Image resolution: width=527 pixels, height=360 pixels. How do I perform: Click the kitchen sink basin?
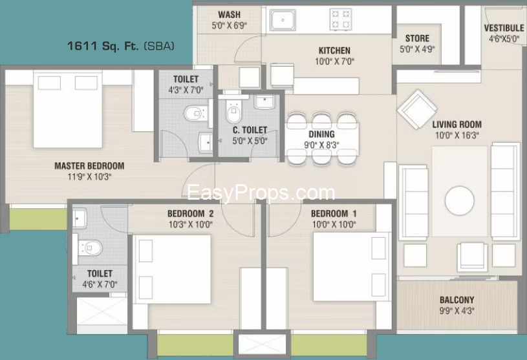pyautogui.click(x=283, y=20)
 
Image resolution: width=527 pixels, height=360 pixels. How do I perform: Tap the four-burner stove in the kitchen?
pyautogui.click(x=341, y=19)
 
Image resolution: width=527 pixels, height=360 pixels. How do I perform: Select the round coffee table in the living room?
pyautogui.click(x=460, y=201)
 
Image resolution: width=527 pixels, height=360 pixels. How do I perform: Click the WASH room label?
pyautogui.click(x=229, y=15)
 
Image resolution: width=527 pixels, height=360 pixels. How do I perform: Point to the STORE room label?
pyautogui.click(x=417, y=38)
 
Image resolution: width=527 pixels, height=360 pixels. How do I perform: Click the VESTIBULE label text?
pyautogui.click(x=504, y=28)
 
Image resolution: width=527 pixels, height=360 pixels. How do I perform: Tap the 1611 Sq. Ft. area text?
pyautogui.click(x=103, y=46)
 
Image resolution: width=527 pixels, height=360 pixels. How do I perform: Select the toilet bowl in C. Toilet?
pyautogui.click(x=233, y=112)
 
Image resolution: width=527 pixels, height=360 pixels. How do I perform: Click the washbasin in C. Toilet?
pyautogui.click(x=266, y=101)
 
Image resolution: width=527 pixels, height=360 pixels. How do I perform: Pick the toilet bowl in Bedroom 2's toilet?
pyautogui.click(x=90, y=248)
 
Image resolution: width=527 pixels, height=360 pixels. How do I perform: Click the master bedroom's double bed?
pyautogui.click(x=67, y=109)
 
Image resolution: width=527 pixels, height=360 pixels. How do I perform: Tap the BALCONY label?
pyautogui.click(x=457, y=299)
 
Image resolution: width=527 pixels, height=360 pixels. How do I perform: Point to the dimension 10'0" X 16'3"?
pyautogui.click(x=457, y=135)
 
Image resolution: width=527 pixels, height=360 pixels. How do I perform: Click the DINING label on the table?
pyautogui.click(x=321, y=134)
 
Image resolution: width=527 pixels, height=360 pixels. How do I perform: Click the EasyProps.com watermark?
pyautogui.click(x=261, y=193)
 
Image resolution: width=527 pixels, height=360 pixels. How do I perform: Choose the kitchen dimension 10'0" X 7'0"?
pyautogui.click(x=335, y=61)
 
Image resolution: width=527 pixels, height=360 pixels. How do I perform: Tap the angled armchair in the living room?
pyautogui.click(x=417, y=109)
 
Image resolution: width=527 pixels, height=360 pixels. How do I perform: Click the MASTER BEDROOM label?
pyautogui.click(x=89, y=166)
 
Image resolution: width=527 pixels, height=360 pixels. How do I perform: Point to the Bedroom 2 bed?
pyautogui.click(x=172, y=270)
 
